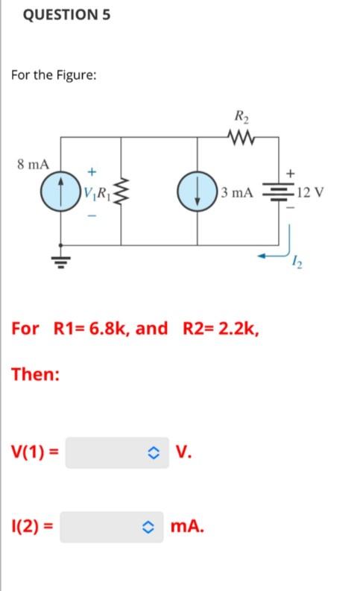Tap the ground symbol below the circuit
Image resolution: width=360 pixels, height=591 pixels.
click(60, 262)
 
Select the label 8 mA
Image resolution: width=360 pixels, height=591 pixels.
click(34, 163)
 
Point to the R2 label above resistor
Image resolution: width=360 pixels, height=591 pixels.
click(243, 116)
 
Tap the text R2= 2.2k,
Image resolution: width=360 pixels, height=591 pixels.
click(221, 328)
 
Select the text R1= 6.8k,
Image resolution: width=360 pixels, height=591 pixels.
click(110, 328)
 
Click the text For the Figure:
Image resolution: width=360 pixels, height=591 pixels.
click(53, 76)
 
